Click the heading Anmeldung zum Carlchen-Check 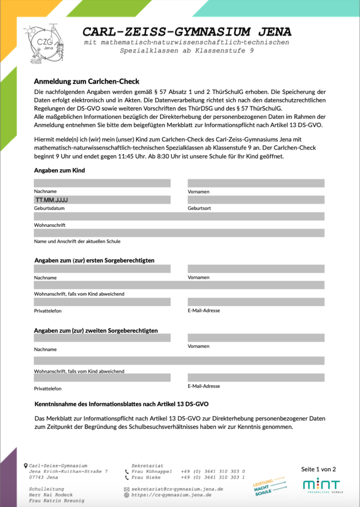click(x=87, y=81)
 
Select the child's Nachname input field click(x=102, y=183)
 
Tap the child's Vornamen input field click(x=256, y=183)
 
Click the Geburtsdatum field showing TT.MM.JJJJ click(x=102, y=200)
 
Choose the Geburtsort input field click(x=256, y=200)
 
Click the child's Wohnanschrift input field click(x=179, y=216)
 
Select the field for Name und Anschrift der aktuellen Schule click(x=179, y=233)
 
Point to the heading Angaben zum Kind click(x=59, y=170)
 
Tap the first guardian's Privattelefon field click(x=102, y=302)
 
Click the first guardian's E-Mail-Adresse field click(x=256, y=302)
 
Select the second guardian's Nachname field click(x=102, y=338)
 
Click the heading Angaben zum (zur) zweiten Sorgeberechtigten click(x=96, y=330)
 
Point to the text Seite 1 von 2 click(x=318, y=469)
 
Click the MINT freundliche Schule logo click(x=322, y=486)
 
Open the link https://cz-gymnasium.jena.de click(x=171, y=495)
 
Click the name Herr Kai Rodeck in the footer click(x=51, y=495)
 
